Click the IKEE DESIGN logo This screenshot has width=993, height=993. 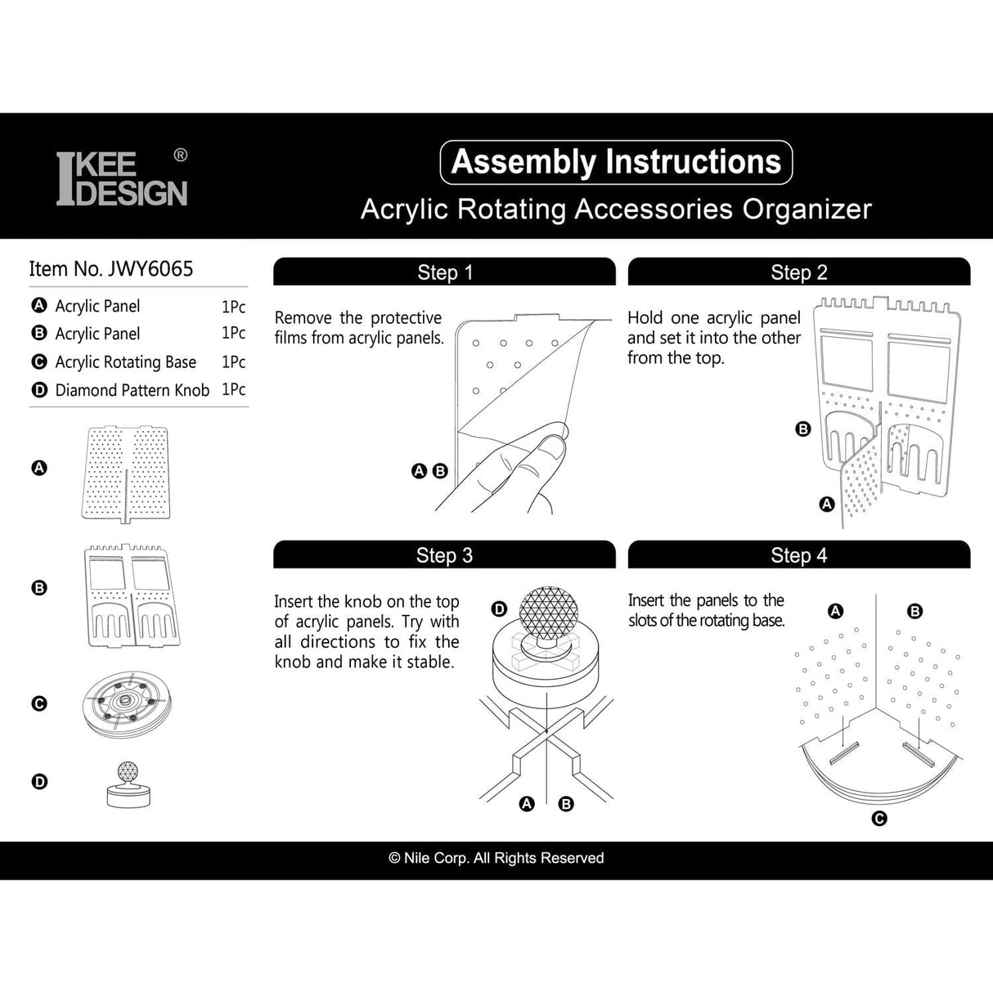pos(122,177)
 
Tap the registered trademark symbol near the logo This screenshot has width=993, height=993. pos(181,155)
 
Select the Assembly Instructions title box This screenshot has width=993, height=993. pos(616,162)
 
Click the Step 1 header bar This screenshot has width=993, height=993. pos(444,272)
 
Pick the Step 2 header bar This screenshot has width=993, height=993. pos(798,272)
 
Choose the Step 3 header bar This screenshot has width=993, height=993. pos(444,555)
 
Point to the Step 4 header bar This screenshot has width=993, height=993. pos(798,555)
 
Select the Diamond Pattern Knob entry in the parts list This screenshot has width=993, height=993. pos(132,390)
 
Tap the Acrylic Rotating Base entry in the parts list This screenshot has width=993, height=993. pos(125,362)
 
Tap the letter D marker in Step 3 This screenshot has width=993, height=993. pos(499,609)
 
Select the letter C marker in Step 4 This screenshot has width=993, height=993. pos(879,818)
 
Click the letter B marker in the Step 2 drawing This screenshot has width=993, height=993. pos(803,429)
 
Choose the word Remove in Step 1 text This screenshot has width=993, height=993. pos(303,317)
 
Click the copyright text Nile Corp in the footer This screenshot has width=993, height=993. pos(496,858)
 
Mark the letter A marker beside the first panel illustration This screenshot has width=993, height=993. pos(39,468)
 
